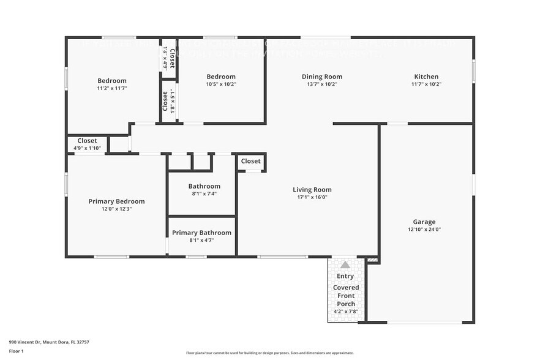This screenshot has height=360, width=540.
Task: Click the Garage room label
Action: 424,222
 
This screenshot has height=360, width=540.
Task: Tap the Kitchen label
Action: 426,77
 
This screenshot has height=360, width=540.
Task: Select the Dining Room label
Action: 321,77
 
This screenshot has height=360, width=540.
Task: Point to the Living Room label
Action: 312,190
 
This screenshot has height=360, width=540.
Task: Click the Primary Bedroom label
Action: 116,201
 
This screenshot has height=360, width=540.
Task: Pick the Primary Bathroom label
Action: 201,233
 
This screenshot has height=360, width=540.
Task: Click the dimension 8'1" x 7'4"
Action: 204,193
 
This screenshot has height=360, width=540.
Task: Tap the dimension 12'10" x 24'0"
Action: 424,230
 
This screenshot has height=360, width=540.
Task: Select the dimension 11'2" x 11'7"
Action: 112,88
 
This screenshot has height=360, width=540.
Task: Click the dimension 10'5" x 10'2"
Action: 220,84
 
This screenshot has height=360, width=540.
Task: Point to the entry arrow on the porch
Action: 345,265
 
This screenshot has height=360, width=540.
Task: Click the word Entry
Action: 345,276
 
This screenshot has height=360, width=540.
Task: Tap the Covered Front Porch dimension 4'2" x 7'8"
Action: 346,312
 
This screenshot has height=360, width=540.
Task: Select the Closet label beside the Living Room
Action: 250,161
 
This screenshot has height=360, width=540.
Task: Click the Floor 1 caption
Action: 16,351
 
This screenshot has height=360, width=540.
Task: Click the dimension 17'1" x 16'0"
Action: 312,197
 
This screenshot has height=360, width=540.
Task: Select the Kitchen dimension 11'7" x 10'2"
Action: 426,84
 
